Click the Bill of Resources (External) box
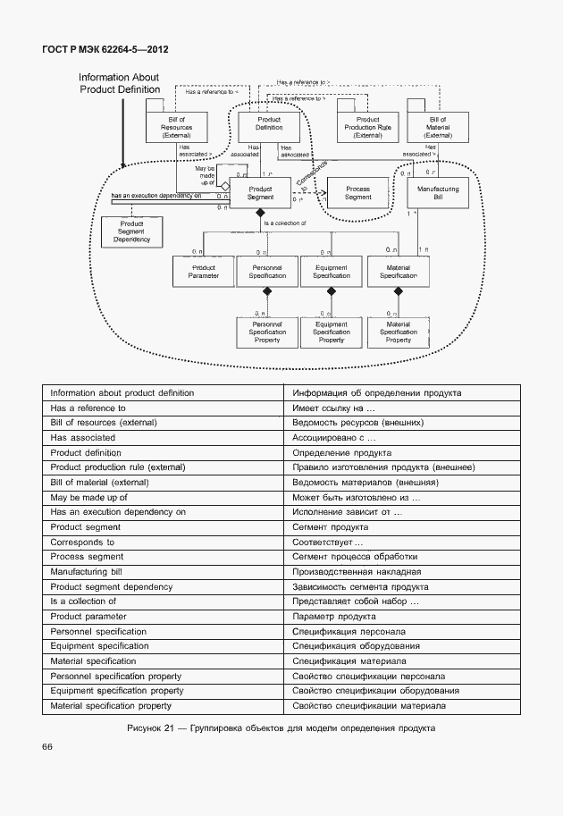click(176, 127)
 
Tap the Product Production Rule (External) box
click(367, 127)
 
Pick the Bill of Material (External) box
click(437, 127)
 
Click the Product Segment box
click(260, 193)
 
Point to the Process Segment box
click(357, 193)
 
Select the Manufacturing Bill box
click(437, 193)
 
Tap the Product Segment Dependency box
click(131, 231)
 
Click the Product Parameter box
click(203, 272)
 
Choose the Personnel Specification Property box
click(267, 332)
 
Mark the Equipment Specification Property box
click(331, 332)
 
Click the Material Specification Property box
click(398, 332)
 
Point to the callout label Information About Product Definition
click(119, 84)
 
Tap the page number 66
click(47, 746)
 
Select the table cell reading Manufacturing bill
click(86, 571)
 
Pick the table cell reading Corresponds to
click(82, 542)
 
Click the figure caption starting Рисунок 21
click(281, 728)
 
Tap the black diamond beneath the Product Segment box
click(260, 213)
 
